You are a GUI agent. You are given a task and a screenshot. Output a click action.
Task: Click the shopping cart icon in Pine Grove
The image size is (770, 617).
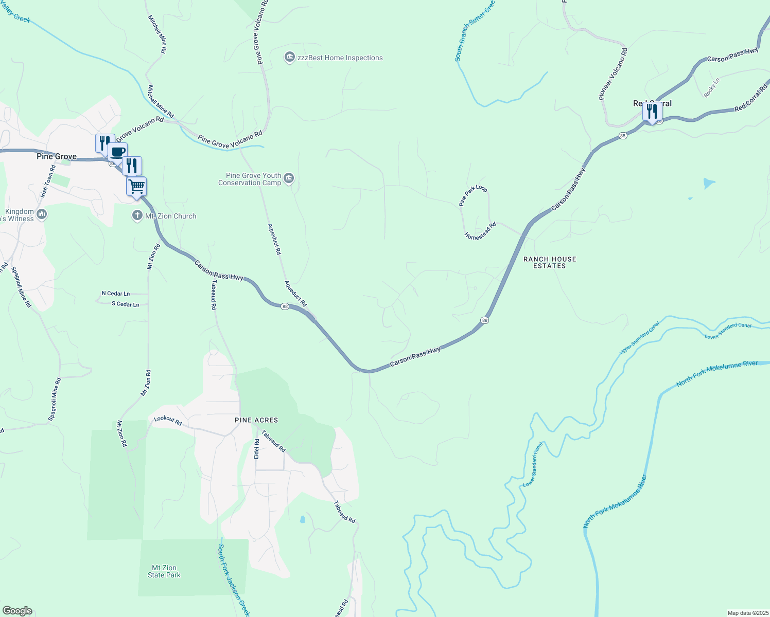click(x=136, y=186)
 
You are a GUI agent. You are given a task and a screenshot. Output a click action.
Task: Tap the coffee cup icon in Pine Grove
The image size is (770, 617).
click(x=117, y=152)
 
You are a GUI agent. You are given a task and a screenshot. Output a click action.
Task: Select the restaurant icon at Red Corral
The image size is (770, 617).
click(x=652, y=111)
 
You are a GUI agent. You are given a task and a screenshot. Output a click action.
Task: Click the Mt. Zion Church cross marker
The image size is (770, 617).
click(x=137, y=215)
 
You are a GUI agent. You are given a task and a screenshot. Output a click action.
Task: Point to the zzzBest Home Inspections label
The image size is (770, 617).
click(x=340, y=58)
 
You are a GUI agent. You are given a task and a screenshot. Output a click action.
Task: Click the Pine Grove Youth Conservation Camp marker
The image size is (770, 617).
click(x=289, y=178)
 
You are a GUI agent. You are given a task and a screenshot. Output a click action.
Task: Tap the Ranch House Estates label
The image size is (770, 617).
click(x=550, y=262)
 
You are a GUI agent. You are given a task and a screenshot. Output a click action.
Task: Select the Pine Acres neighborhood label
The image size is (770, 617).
click(x=256, y=420)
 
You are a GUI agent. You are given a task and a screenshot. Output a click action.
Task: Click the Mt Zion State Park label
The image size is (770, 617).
click(x=164, y=571)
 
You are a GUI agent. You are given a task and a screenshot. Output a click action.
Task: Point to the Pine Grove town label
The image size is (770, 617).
click(x=57, y=156)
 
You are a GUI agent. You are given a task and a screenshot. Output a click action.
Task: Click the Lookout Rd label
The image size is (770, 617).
click(x=168, y=421)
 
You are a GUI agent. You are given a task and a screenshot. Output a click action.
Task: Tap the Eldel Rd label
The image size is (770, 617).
click(x=257, y=448)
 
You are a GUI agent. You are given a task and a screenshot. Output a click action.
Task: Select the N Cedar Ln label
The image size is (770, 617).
click(x=116, y=294)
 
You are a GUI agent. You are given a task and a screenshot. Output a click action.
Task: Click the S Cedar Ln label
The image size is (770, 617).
click(x=126, y=304)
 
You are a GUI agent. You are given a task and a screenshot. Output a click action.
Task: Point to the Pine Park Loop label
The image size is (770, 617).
click(x=473, y=195)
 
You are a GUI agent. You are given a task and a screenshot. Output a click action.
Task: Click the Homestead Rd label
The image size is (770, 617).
click(x=480, y=231)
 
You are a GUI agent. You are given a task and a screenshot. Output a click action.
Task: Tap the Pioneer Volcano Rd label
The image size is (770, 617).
click(x=613, y=74)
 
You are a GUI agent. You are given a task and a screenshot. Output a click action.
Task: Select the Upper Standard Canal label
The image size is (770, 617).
click(x=639, y=338)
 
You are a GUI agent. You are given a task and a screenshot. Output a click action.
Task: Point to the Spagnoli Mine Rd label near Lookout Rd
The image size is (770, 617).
click(x=55, y=400)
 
